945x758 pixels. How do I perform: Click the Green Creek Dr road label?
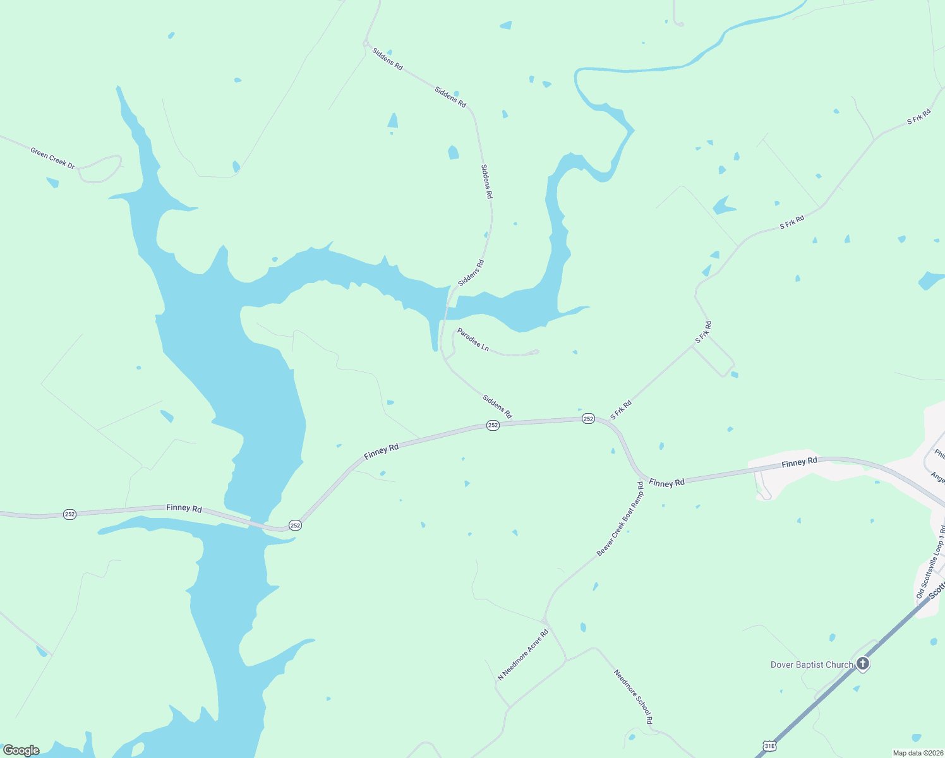tap(52, 158)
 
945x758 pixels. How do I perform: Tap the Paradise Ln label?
tap(473, 339)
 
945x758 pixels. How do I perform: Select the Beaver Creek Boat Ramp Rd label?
tap(620, 519)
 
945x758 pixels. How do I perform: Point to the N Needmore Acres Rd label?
tap(523, 654)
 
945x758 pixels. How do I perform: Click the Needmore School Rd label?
tap(633, 697)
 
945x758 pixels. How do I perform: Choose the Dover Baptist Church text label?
tap(812, 665)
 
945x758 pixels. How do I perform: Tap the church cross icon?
tap(863, 664)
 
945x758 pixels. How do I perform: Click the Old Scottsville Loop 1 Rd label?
tap(930, 562)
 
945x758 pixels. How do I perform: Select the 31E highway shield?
tap(769, 746)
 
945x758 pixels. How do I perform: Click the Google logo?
tap(21, 750)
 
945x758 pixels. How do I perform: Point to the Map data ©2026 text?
tap(917, 753)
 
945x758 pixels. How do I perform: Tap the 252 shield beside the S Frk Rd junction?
tap(588, 419)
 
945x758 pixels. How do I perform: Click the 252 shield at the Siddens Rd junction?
tap(493, 426)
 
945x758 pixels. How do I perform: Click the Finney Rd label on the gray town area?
tap(799, 462)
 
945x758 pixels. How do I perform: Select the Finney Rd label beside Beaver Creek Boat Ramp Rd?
tap(666, 483)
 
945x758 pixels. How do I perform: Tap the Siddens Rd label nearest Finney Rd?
tap(497, 406)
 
